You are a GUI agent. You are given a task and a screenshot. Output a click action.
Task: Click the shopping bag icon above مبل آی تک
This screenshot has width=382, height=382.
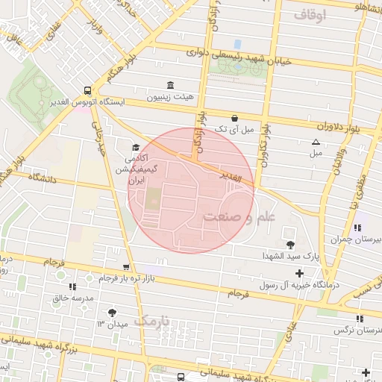[234, 118]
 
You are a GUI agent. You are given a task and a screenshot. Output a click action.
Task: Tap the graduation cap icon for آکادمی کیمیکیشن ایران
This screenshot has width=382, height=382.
[135, 147]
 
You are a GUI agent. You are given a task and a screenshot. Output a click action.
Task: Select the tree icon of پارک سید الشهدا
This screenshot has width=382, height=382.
[289, 244]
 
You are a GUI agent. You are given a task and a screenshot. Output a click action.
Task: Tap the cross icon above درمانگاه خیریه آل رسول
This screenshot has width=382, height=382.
[299, 273]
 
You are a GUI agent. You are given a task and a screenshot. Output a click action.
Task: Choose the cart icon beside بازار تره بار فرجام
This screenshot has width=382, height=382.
[126, 266]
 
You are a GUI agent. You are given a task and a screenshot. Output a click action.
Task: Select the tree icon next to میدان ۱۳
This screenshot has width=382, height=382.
[112, 313]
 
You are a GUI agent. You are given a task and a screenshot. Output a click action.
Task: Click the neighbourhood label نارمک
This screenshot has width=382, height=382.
[154, 321]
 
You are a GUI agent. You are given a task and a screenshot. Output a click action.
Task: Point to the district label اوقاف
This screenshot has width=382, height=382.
[310, 15]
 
